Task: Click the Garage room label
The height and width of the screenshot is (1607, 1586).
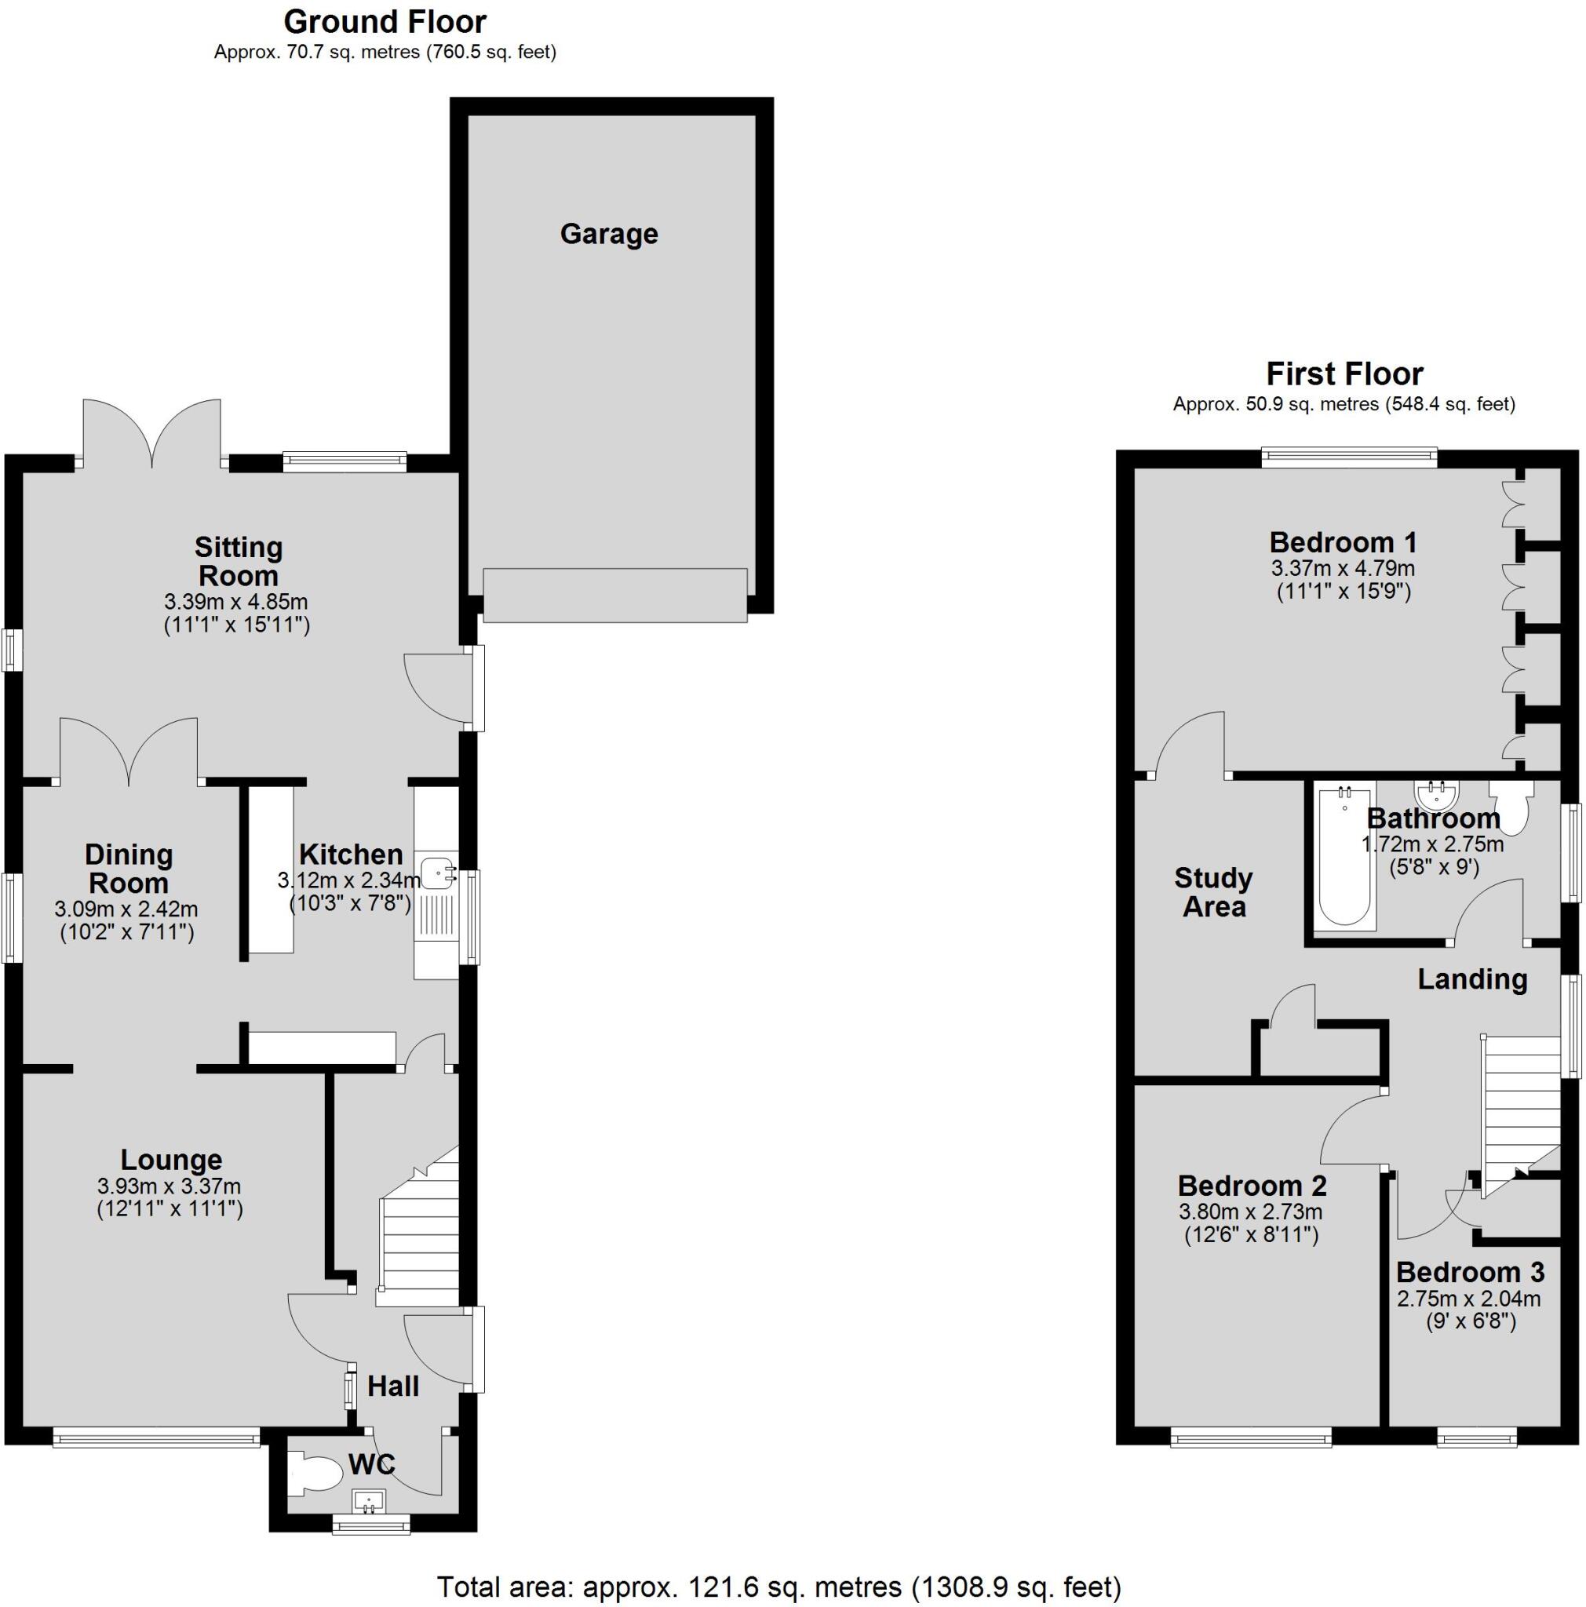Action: pyautogui.click(x=608, y=234)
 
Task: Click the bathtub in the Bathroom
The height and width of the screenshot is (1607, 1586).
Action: pyautogui.click(x=1344, y=856)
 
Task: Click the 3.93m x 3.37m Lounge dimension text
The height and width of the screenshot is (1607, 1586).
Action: pyautogui.click(x=169, y=1186)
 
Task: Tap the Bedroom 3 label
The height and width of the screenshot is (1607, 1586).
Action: pyautogui.click(x=1470, y=1272)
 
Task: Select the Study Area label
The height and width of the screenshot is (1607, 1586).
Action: pyautogui.click(x=1213, y=892)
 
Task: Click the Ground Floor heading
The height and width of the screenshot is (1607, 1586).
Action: pyautogui.click(x=385, y=21)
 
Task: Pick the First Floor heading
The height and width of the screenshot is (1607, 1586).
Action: pyautogui.click(x=1344, y=374)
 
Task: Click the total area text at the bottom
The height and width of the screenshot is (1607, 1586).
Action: pyautogui.click(x=778, y=1587)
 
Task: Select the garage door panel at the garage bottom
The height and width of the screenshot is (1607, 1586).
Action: pyautogui.click(x=614, y=595)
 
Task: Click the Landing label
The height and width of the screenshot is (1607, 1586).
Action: pyautogui.click(x=1472, y=979)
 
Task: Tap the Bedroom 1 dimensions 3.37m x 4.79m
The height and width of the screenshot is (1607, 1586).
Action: pyautogui.click(x=1342, y=569)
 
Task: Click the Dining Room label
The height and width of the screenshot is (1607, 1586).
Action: pyautogui.click(x=128, y=869)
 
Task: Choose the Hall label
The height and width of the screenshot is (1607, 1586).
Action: pyautogui.click(x=392, y=1387)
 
